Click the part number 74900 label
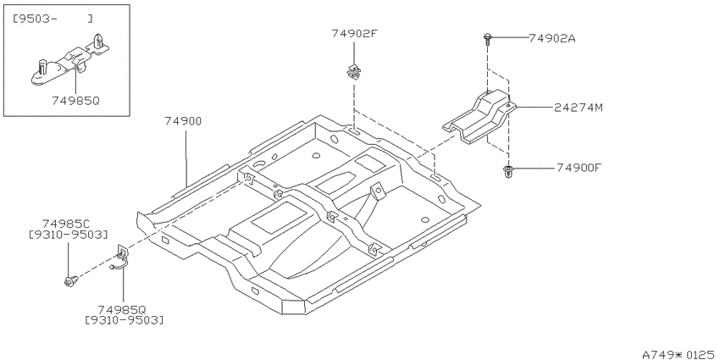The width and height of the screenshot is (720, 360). pos(183,121)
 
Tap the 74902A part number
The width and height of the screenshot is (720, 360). pos(552,39)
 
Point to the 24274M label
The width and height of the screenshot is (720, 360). pos(579,108)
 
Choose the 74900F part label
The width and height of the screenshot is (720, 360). pos(579,168)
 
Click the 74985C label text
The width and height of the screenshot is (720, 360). pos(66,224)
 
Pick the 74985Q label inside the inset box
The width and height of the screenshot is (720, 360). pos(75,101)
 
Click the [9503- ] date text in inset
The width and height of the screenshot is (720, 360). pos(52,19)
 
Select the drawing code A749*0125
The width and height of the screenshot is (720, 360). pos(678,354)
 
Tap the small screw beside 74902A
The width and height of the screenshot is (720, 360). pos(487,38)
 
